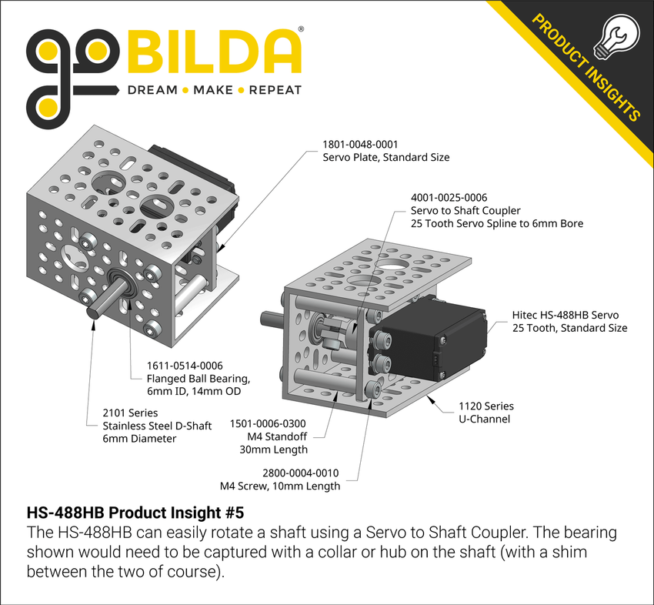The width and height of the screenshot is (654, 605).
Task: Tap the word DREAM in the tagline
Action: (x=151, y=90)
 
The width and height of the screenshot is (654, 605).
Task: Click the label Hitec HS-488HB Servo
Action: (x=566, y=315)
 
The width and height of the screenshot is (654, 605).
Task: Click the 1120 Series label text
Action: (x=485, y=406)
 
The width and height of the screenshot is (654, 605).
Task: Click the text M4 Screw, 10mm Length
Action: (x=280, y=486)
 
